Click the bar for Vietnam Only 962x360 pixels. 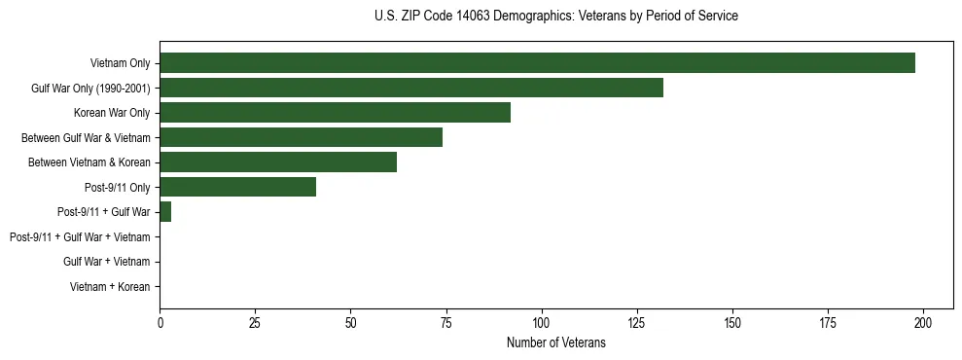tap(537, 62)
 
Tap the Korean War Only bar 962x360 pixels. tap(335, 112)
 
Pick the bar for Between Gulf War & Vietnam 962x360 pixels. tap(301, 137)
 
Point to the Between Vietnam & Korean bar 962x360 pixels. tap(278, 162)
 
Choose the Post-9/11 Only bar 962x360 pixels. tap(237, 187)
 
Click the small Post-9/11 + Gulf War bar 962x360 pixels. tap(165, 211)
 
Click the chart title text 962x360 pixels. tap(555, 17)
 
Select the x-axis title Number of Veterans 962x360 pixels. tap(555, 342)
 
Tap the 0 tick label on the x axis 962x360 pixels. tap(160, 322)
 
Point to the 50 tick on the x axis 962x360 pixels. tap(350, 322)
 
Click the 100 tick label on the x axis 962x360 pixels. tap(542, 322)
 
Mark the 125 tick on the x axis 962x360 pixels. tap(637, 322)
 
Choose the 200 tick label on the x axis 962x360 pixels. tap(923, 322)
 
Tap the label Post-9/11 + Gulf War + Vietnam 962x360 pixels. tap(80, 236)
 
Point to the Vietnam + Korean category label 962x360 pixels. tap(110, 286)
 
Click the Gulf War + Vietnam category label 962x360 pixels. tap(106, 262)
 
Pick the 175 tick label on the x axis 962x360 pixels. tap(828, 322)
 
